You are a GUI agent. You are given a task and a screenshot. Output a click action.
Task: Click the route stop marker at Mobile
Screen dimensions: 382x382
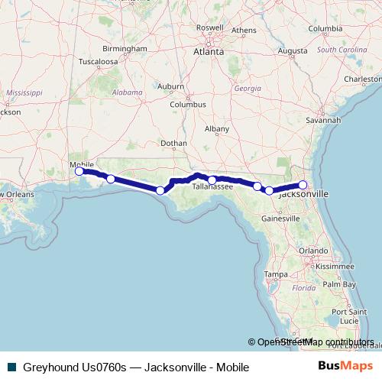[x=79, y=171]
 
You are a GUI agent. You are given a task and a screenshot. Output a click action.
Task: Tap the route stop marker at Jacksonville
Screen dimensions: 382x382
[x=303, y=185]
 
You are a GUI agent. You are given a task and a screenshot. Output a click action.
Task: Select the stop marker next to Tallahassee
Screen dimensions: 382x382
[x=212, y=180]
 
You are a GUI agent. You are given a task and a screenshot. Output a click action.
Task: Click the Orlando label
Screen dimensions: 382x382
[x=313, y=251]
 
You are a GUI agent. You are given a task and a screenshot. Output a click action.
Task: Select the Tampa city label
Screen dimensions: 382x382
[x=275, y=274]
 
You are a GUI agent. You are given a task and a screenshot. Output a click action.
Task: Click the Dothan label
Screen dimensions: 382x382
[x=174, y=143]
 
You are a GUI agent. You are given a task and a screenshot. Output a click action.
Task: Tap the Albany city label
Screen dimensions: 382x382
[x=217, y=129]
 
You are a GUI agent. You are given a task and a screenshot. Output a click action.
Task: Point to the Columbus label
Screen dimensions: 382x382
[x=188, y=104]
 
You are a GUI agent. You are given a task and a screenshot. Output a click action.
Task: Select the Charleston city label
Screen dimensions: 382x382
[x=362, y=78]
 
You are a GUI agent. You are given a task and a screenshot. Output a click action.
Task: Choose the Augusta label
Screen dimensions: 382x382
[x=292, y=52]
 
